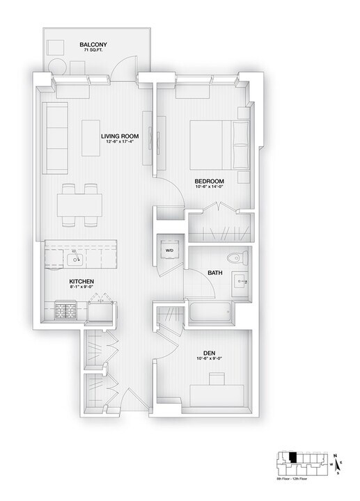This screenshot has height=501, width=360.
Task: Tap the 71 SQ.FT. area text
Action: point(93,51)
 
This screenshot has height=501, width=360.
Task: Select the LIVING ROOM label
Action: point(120,136)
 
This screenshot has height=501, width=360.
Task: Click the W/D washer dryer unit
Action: point(169,250)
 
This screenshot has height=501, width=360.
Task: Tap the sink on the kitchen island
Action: point(75,260)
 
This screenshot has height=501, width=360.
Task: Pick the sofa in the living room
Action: point(54,138)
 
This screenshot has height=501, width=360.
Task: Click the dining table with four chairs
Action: point(79,205)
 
